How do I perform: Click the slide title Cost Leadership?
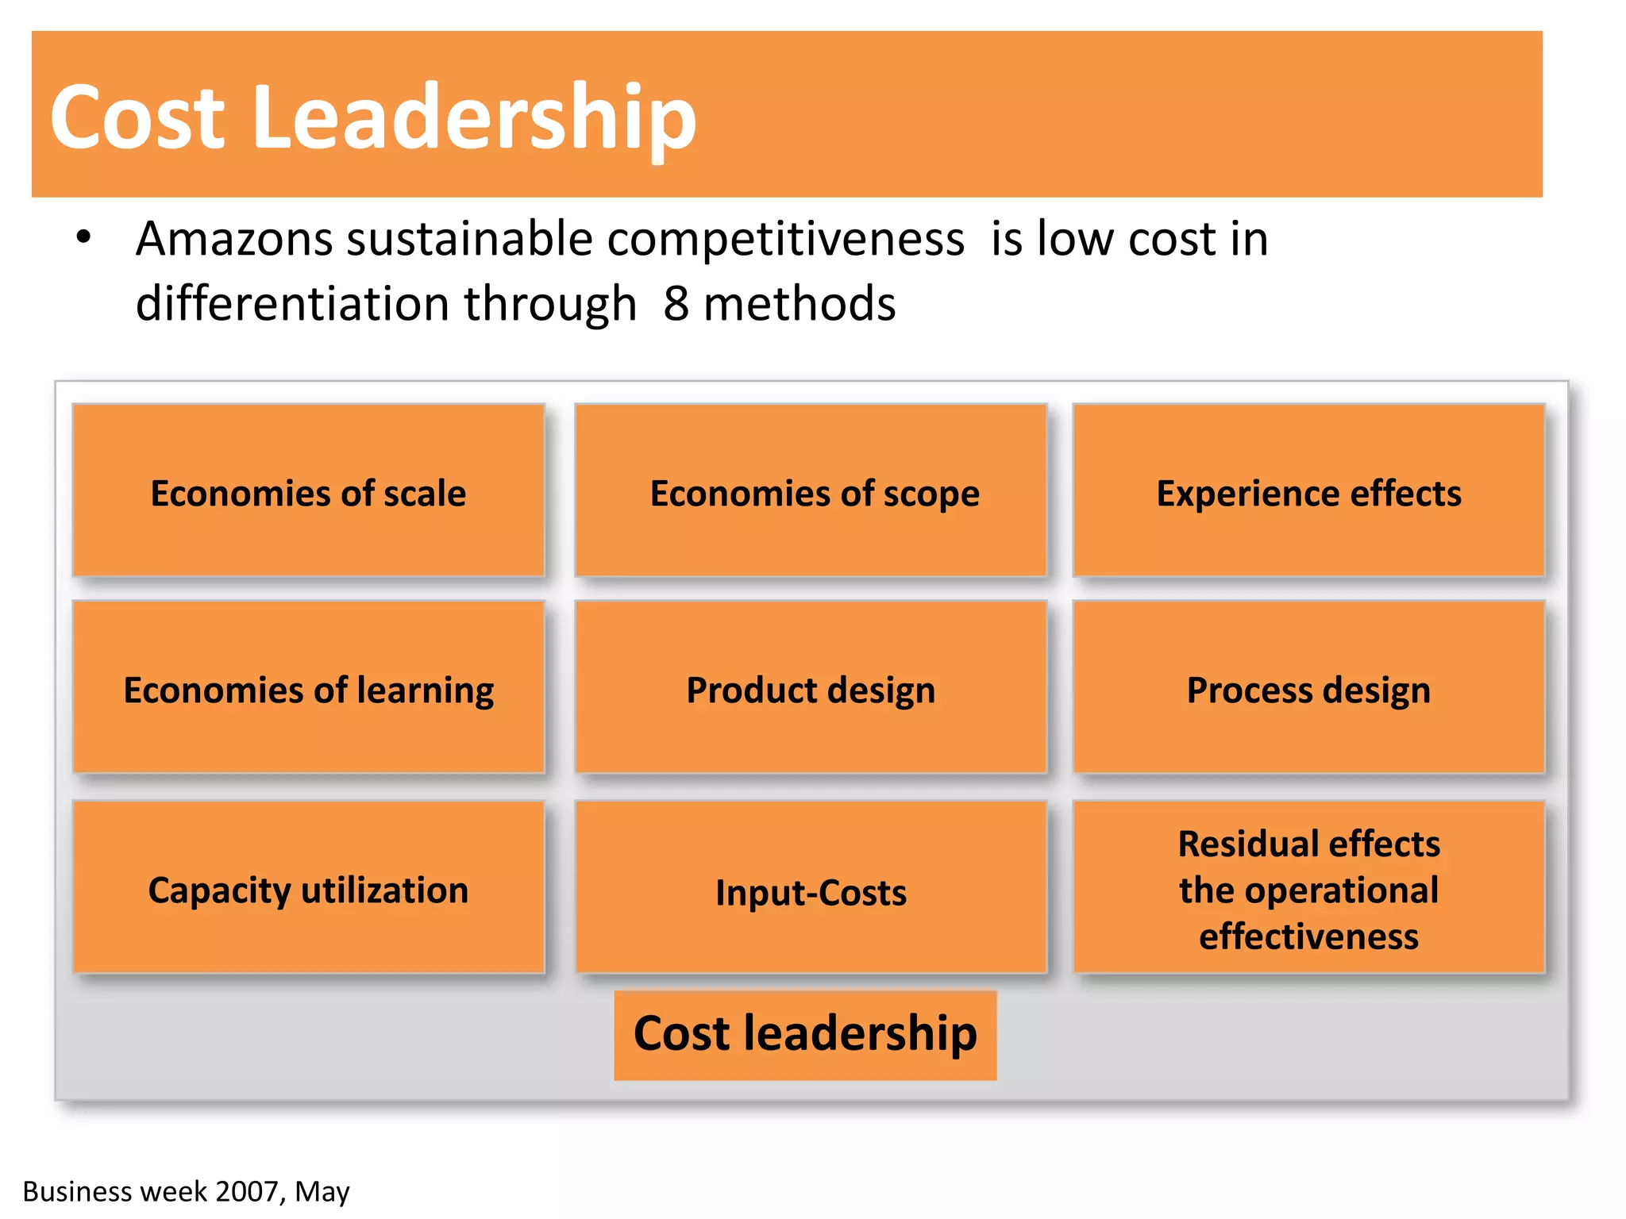point(372,117)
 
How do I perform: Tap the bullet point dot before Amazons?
point(84,237)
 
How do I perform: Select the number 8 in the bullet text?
point(676,304)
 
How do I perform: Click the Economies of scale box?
point(308,492)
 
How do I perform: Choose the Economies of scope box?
point(811,492)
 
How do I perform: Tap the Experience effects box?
point(1308,492)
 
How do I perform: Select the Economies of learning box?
point(308,688)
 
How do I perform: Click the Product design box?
point(811,688)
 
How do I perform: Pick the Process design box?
point(1308,688)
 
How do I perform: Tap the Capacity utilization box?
point(308,888)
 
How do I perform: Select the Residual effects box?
point(1308,888)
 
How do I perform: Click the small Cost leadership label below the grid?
point(805,1034)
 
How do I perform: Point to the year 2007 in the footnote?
point(246,1191)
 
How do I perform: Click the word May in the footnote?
point(322,1192)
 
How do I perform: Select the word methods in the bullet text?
point(800,304)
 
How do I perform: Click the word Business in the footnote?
point(77,1191)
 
